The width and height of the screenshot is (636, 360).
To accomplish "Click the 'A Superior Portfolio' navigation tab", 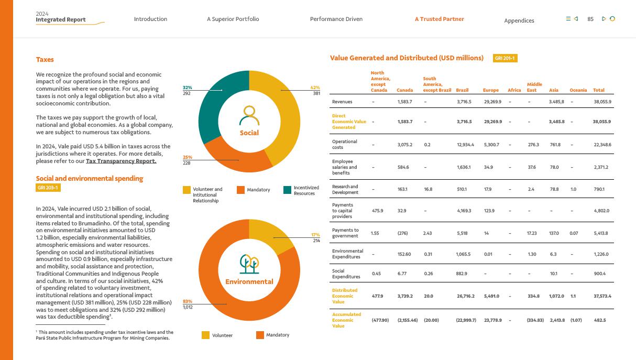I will pyautogui.click(x=233, y=19).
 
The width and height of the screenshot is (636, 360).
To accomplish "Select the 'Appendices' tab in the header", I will pyautogui.click(x=519, y=21).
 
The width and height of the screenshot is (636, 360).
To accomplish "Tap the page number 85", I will pyautogui.click(x=590, y=19).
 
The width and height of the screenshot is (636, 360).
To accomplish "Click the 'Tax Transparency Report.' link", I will pyautogui.click(x=121, y=161).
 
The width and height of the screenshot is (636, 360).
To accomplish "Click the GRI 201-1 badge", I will pyautogui.click(x=505, y=58).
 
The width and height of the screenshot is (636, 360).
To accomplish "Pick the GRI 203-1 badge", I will pyautogui.click(x=48, y=188).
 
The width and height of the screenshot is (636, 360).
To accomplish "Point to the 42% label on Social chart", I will pyautogui.click(x=315, y=88).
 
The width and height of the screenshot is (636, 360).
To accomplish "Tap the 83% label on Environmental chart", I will pyautogui.click(x=187, y=301).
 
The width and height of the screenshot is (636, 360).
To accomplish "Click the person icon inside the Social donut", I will pyautogui.click(x=249, y=115).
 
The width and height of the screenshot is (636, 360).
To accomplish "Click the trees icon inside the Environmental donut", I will pyautogui.click(x=249, y=264).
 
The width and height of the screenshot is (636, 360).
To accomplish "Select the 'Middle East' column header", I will pyautogui.click(x=534, y=87).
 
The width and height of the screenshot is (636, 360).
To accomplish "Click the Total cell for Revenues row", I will pyautogui.click(x=602, y=102).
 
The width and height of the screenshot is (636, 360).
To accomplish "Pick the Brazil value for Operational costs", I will pyautogui.click(x=465, y=145).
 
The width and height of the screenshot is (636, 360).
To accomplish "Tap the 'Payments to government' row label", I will pyautogui.click(x=345, y=233).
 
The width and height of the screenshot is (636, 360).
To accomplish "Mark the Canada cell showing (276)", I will pyautogui.click(x=402, y=233).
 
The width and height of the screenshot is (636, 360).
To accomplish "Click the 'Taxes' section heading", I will pyautogui.click(x=45, y=60).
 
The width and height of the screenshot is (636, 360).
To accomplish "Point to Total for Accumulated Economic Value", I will pyautogui.click(x=599, y=320).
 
